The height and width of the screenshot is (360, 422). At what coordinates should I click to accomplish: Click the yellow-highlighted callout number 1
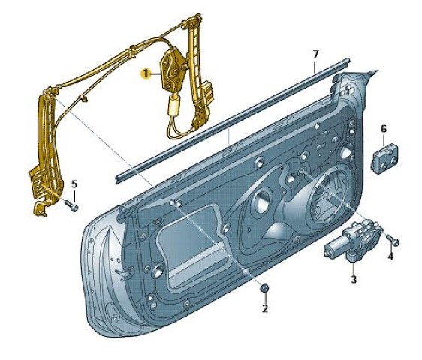(146, 73)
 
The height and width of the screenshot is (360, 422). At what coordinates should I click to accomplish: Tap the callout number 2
(265, 308)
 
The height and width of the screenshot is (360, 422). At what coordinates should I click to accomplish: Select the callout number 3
(354, 279)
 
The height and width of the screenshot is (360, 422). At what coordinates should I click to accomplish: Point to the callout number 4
(390, 256)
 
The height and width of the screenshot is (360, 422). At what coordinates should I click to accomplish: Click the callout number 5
(74, 184)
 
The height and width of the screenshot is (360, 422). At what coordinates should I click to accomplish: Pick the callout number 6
(384, 129)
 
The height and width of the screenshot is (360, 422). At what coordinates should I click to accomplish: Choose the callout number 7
(315, 54)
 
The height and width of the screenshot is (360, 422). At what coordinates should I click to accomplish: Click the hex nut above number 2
(264, 289)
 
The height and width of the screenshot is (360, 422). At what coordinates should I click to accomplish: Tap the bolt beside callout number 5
(71, 206)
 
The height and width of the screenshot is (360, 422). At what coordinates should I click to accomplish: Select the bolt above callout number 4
(393, 239)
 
